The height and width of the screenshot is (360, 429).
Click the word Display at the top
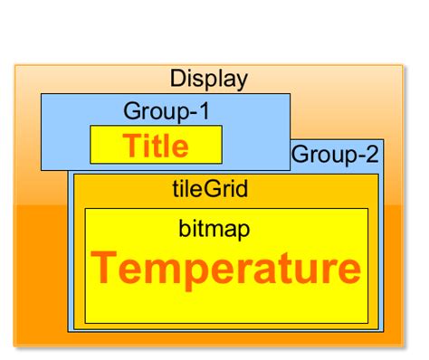pos(208,79)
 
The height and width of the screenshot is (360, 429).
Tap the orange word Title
pos(156,146)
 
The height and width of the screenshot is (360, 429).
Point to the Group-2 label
pos(335,155)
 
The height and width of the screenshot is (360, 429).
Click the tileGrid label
pos(209,190)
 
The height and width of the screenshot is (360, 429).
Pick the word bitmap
pos(214,229)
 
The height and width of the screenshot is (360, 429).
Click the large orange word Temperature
pos(225,269)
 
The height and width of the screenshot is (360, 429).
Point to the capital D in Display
pos(177,79)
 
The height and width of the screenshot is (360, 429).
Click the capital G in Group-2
pos(300,155)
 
